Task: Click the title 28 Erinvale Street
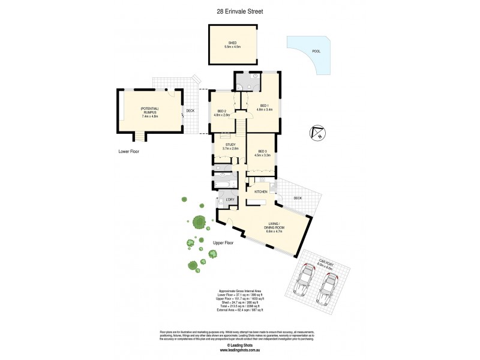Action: [x=240, y=11]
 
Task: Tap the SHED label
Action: [x=232, y=44]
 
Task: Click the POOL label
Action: [x=316, y=52]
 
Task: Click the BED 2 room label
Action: [x=223, y=112]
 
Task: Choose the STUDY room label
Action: [x=231, y=146]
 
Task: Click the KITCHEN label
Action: [x=260, y=191]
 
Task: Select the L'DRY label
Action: [x=229, y=199]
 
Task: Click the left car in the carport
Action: [x=305, y=281]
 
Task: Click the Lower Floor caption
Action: [x=128, y=152]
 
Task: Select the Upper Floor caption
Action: [x=223, y=242]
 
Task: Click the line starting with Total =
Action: [x=240, y=305]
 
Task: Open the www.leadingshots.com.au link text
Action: [x=240, y=350]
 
